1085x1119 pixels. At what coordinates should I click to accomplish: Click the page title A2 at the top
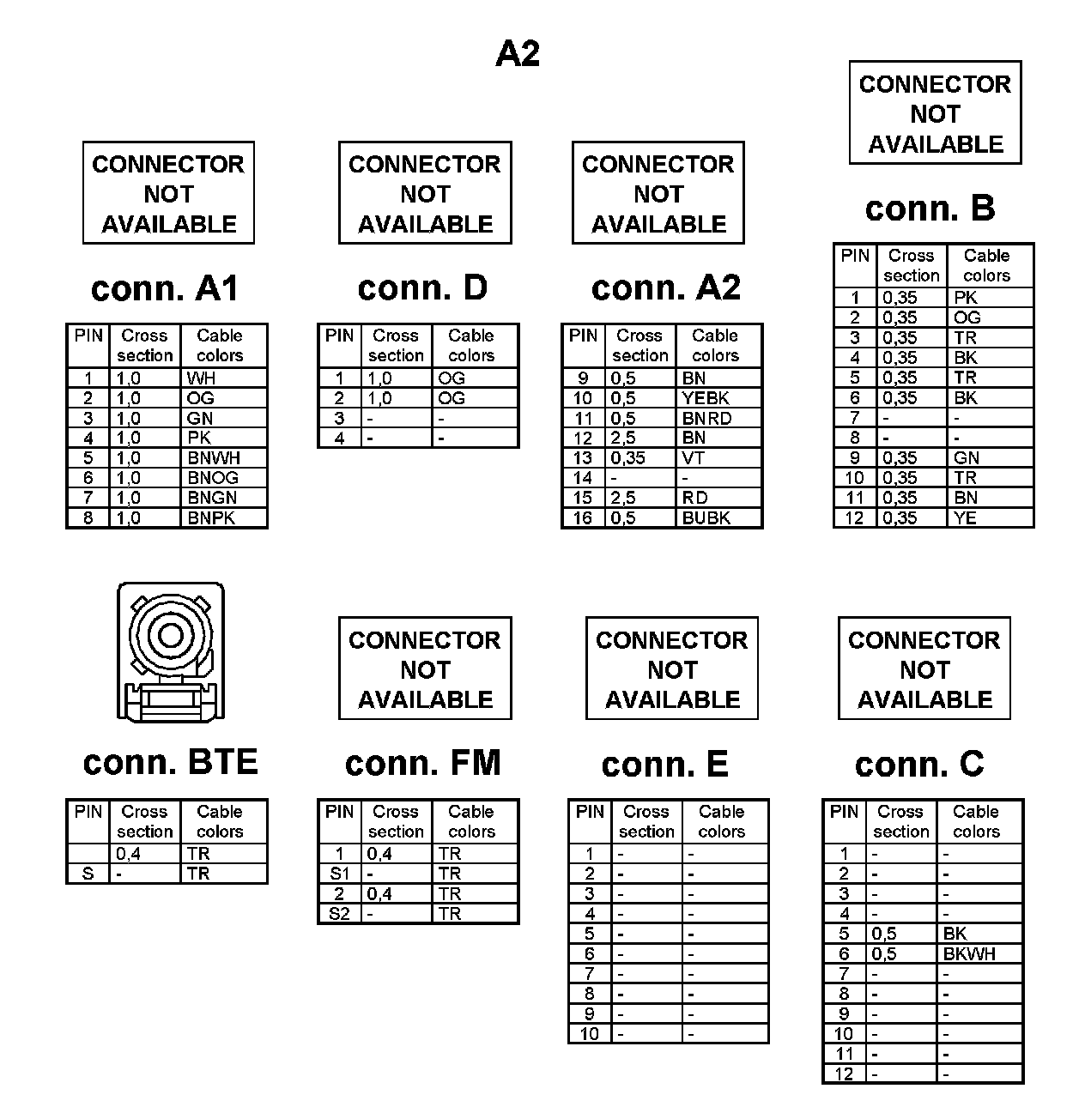[518, 53]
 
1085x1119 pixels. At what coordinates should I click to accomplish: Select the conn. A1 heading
[164, 288]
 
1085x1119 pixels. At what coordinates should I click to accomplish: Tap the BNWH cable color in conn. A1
[214, 458]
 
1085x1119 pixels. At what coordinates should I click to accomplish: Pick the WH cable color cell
[201, 378]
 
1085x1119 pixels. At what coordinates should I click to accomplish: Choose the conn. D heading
[422, 288]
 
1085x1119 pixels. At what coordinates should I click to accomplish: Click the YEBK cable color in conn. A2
[706, 398]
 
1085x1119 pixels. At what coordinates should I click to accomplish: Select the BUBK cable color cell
[706, 518]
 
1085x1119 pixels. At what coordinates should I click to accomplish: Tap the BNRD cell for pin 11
[706, 419]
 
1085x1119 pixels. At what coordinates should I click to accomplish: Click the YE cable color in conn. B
[965, 518]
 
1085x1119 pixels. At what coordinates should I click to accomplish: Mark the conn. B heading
[930, 209]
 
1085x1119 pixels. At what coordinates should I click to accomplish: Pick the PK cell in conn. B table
[966, 299]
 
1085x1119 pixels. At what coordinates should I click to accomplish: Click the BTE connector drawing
[171, 653]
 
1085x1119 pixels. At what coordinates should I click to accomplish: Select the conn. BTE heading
[170, 763]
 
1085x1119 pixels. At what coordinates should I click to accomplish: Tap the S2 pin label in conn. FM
[340, 914]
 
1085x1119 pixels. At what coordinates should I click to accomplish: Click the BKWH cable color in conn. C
[969, 954]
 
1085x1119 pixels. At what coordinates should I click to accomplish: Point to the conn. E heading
[664, 765]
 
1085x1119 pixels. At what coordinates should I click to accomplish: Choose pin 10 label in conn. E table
[589, 1034]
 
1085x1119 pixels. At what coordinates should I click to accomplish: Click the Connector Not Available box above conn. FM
[425, 668]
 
